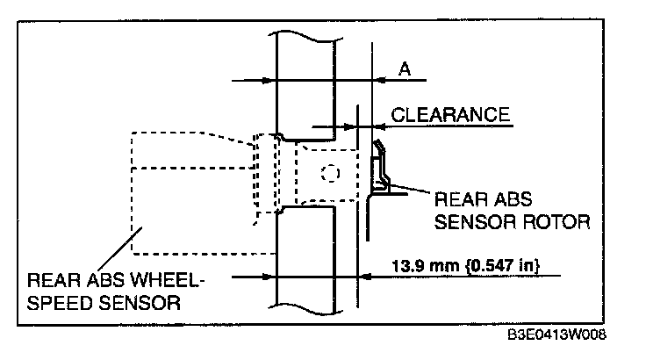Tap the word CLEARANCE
point(450,114)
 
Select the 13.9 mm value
point(415,264)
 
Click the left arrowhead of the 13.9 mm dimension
point(270,275)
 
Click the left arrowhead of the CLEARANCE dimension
point(334,124)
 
